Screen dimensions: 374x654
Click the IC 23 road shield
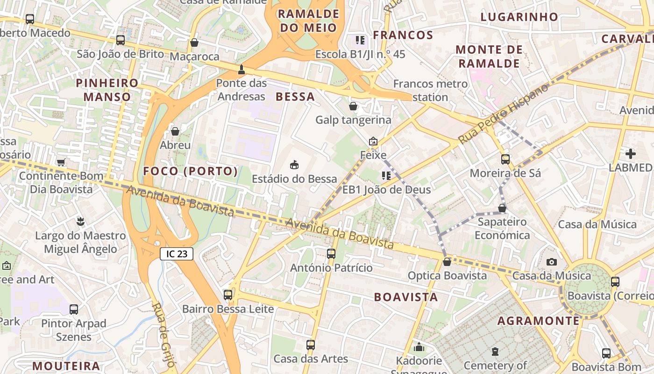click(x=177, y=254)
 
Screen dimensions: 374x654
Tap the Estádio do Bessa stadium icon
click(x=294, y=165)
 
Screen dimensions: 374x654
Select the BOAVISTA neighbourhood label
click(x=406, y=297)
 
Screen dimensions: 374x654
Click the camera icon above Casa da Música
click(x=552, y=262)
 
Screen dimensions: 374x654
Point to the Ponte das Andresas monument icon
click(x=241, y=70)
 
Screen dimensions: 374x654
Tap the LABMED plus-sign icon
click(x=631, y=153)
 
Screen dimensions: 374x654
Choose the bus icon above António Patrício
click(x=331, y=254)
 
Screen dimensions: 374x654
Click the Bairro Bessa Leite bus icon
click(x=228, y=295)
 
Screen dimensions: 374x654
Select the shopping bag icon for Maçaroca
click(x=194, y=43)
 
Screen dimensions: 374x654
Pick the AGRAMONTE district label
click(x=538, y=321)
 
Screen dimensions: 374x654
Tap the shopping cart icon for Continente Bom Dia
click(x=61, y=162)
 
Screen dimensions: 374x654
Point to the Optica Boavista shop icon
click(x=447, y=262)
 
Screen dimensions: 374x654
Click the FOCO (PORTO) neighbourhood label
click(x=191, y=171)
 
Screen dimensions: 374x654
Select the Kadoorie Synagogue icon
click(x=419, y=347)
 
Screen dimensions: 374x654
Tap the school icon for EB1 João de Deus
click(x=386, y=176)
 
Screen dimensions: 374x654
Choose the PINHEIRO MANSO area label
click(x=107, y=90)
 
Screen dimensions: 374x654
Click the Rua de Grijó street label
click(x=163, y=335)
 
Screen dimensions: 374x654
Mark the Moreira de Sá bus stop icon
click(x=505, y=159)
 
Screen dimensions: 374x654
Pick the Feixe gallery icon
click(x=373, y=141)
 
